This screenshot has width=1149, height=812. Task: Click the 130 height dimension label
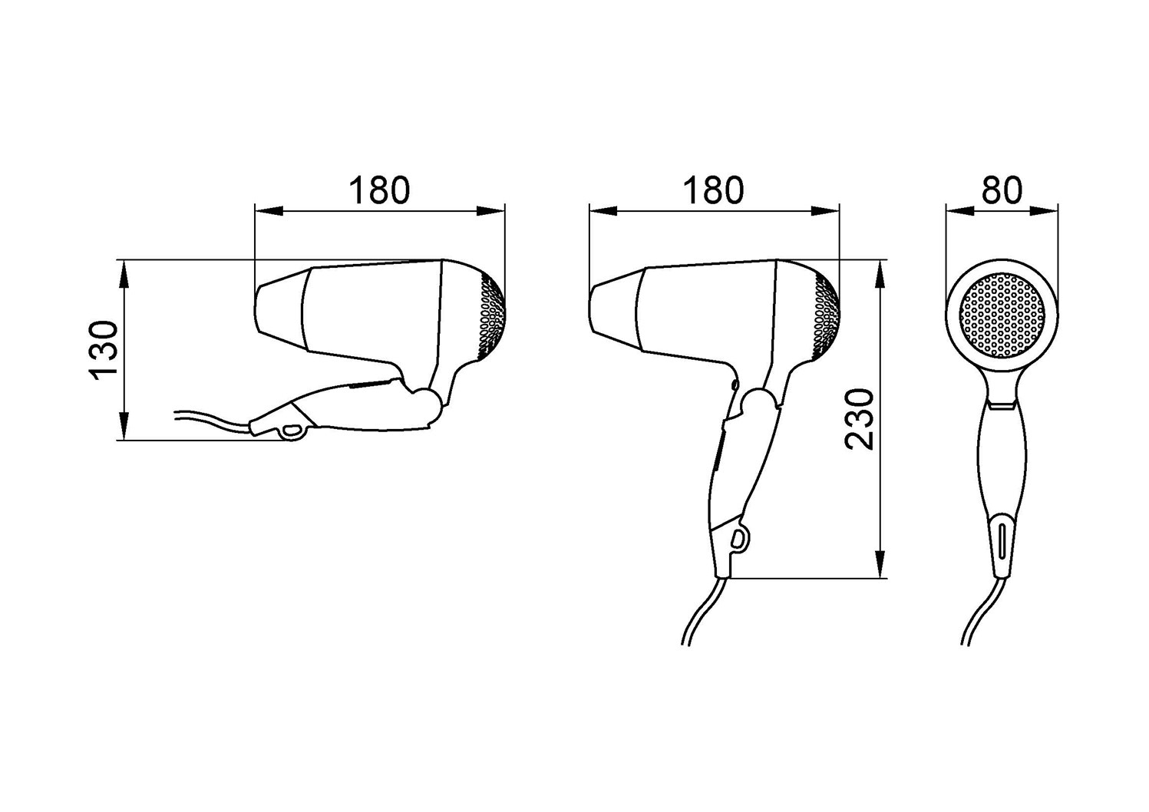104,351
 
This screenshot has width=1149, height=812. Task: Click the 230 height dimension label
859,420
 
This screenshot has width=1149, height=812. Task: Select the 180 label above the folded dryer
380,190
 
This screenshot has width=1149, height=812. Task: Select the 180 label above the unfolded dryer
713,190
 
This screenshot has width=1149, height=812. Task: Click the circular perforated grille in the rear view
1002,315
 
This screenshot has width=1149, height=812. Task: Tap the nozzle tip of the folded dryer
256,309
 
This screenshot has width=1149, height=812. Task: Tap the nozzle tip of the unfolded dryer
590,309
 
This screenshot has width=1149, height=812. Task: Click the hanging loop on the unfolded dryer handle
739,539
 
